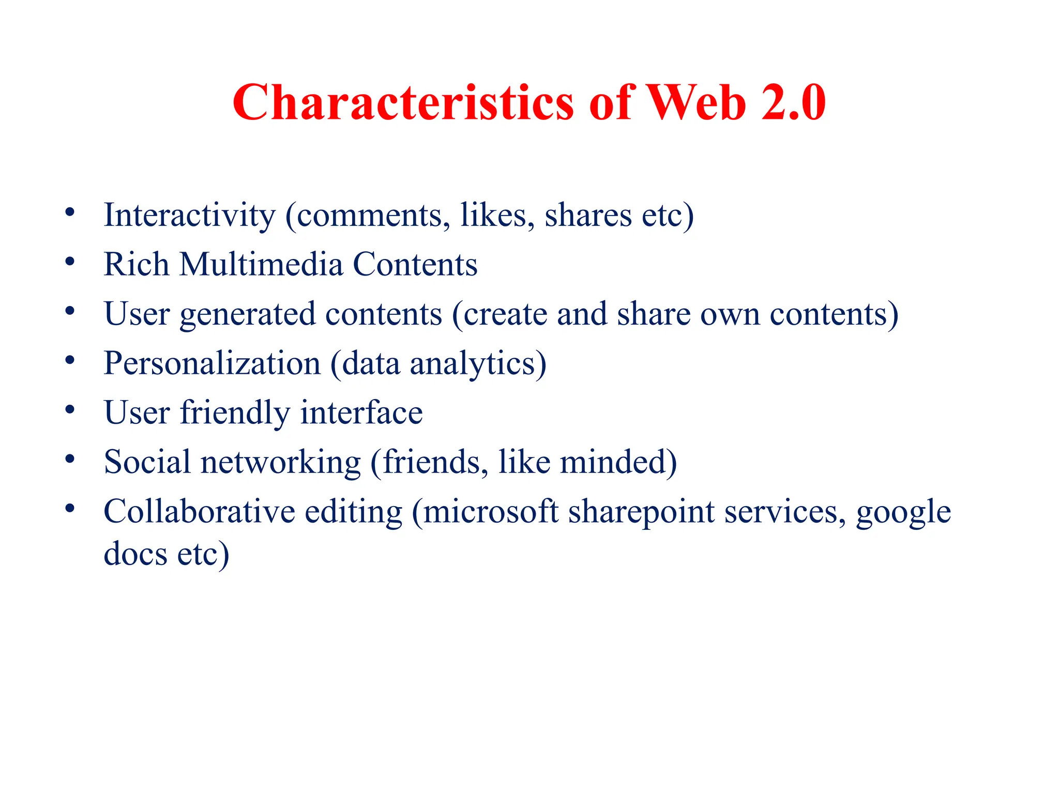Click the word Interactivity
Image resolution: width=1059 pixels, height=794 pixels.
tap(190, 215)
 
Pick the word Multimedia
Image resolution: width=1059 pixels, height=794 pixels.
tap(261, 264)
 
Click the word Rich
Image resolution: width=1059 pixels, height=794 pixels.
tap(137, 264)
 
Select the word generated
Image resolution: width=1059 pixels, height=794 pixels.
tap(248, 314)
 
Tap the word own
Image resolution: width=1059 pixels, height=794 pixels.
tap(730, 314)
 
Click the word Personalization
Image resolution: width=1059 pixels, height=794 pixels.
tap(212, 363)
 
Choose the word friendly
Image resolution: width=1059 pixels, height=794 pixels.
tap(235, 413)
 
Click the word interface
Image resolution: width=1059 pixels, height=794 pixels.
tap(361, 413)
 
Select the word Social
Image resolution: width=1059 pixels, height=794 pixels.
tap(147, 462)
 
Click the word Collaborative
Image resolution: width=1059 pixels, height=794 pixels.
tap(199, 511)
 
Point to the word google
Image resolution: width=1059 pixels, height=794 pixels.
tap(903, 512)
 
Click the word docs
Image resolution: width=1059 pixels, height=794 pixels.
tap(135, 554)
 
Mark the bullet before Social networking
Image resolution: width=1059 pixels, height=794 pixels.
tap(70, 459)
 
